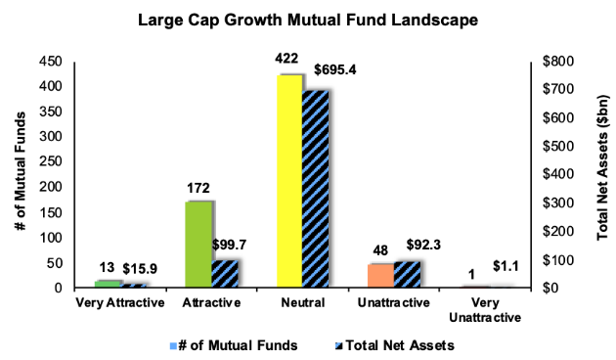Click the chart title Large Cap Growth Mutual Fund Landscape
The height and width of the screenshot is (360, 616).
point(307,19)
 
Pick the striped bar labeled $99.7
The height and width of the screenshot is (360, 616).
point(226,274)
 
